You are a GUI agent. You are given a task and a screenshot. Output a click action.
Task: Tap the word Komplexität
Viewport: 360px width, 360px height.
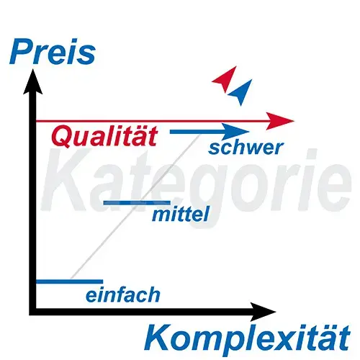pyautogui.click(x=247, y=338)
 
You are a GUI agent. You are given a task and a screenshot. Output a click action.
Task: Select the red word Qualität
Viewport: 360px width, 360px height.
pyautogui.click(x=104, y=136)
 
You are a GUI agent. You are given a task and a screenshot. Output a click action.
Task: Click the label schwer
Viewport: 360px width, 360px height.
pyautogui.click(x=246, y=148)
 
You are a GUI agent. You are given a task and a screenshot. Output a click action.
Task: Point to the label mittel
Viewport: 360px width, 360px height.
pyautogui.click(x=180, y=215)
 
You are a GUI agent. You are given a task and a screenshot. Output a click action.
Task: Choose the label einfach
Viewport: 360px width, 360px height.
pyautogui.click(x=123, y=294)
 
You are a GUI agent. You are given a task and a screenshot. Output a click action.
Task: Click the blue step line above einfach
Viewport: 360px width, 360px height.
pyautogui.click(x=70, y=282)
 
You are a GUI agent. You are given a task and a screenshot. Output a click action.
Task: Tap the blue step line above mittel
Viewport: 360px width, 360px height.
pyautogui.click(x=137, y=203)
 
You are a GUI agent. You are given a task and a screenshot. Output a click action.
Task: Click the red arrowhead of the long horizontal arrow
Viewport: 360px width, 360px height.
pyautogui.click(x=280, y=121)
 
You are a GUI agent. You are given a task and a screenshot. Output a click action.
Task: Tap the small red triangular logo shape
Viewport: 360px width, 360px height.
pyautogui.click(x=226, y=79)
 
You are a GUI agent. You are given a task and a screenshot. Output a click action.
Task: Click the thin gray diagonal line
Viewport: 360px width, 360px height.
pyautogui.click(x=135, y=207)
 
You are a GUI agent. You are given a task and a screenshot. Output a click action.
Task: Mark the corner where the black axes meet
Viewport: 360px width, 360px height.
pyautogui.click(x=32, y=312)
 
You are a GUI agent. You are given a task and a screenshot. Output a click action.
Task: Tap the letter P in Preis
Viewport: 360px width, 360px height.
pyautogui.click(x=21, y=52)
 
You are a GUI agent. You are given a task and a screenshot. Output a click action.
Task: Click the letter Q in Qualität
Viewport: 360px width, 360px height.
pyautogui.click(x=61, y=136)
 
